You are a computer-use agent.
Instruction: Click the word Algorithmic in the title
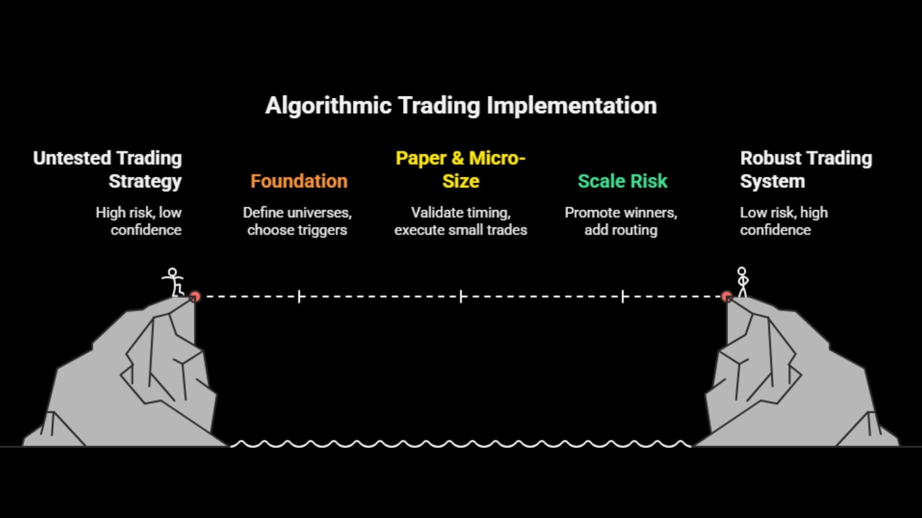pyautogui.click(x=328, y=106)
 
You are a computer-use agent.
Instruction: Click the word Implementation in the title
pyautogui.click(x=571, y=106)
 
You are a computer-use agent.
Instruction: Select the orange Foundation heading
pyautogui.click(x=299, y=181)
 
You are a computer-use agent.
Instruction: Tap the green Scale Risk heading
pyautogui.click(x=622, y=181)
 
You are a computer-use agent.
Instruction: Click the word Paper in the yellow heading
pyautogui.click(x=421, y=158)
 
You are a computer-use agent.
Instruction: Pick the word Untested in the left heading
pyautogui.click(x=72, y=158)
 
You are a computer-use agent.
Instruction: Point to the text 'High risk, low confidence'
pyautogui.click(x=139, y=221)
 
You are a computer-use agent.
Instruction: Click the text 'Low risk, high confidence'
pyautogui.click(x=784, y=221)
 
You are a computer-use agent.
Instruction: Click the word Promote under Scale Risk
pyautogui.click(x=592, y=212)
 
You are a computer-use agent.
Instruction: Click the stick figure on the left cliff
pyautogui.click(x=173, y=282)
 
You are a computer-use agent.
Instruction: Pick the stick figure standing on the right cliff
pyautogui.click(x=742, y=282)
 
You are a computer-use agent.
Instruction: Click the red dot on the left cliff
pyautogui.click(x=194, y=296)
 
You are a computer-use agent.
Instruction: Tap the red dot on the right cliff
pyautogui.click(x=727, y=296)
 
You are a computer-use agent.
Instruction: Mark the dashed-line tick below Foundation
pyautogui.click(x=299, y=297)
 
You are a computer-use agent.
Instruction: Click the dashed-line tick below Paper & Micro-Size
pyautogui.click(x=461, y=297)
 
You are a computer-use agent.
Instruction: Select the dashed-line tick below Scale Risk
pyautogui.click(x=623, y=297)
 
